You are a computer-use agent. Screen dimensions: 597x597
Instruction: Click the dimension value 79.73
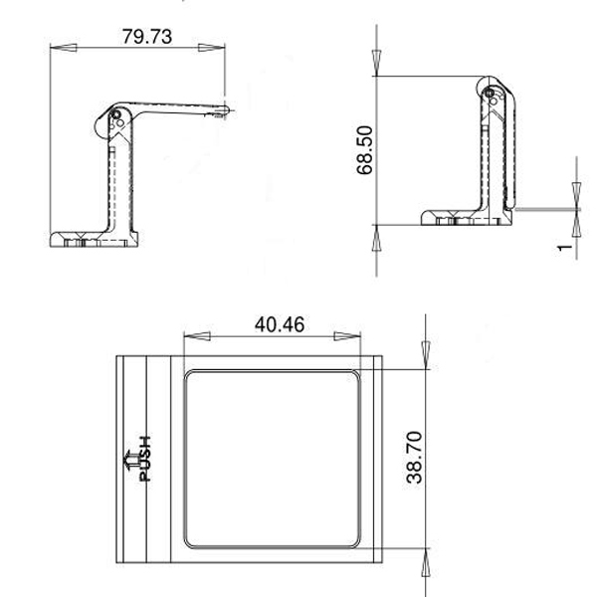coord(145,37)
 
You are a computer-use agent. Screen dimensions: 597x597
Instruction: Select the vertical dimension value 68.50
coord(365,149)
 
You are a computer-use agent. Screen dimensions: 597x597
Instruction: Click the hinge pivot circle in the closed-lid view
coord(490,95)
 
